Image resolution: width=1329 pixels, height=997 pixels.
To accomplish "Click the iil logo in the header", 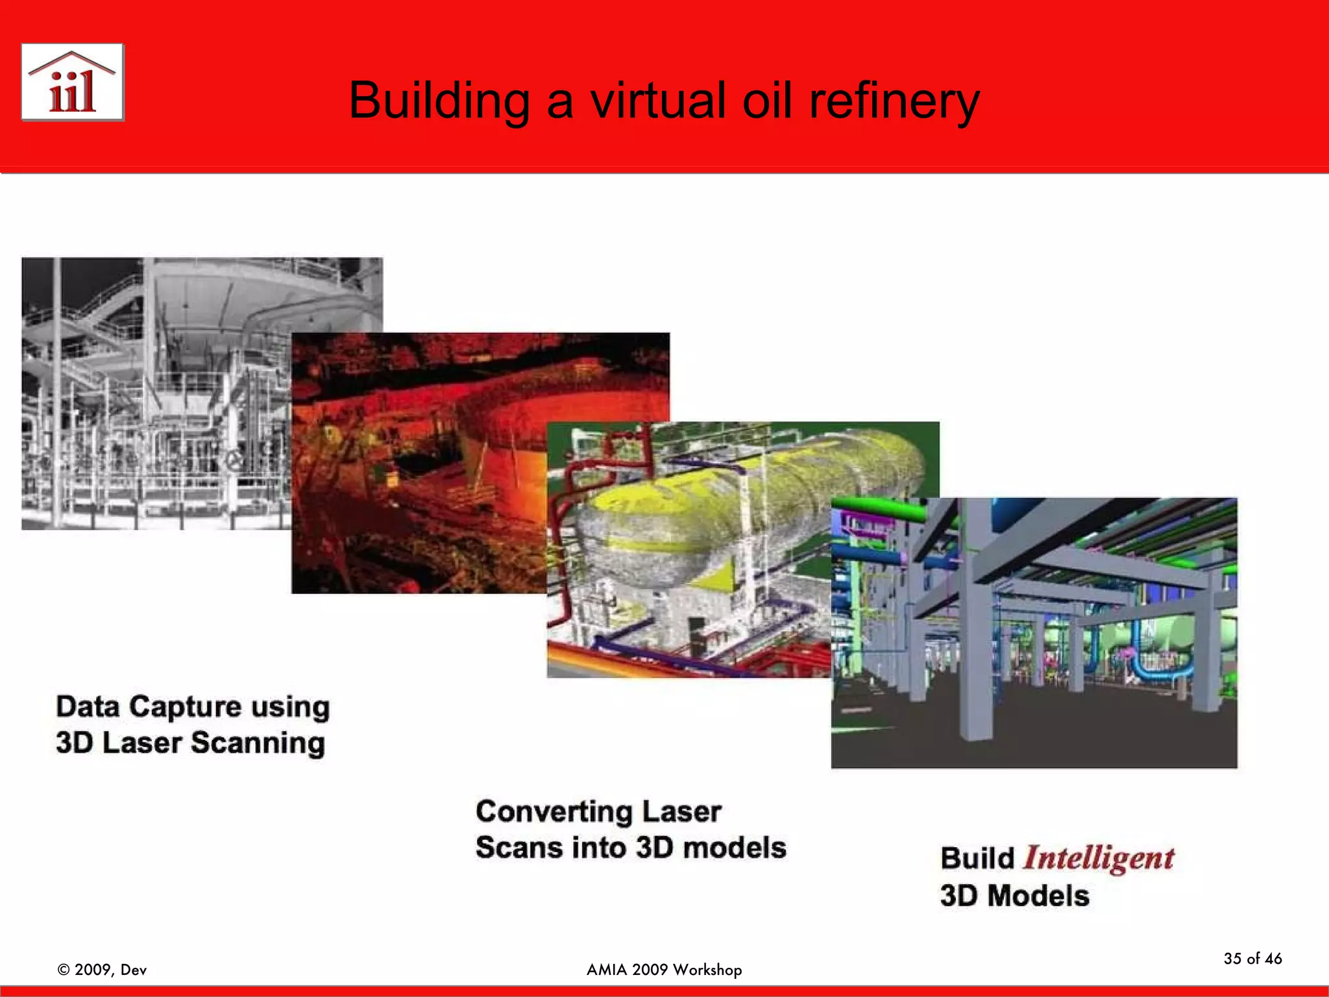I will coord(72,82).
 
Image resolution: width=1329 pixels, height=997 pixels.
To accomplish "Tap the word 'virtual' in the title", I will coord(657,101).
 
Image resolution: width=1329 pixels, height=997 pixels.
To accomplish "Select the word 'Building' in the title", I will coord(439,101).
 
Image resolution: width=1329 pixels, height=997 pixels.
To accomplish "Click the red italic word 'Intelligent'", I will coord(1098,857).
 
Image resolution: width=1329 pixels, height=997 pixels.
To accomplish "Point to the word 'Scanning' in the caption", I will coord(258,743).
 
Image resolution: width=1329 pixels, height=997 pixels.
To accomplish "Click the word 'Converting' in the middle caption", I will coord(554,811).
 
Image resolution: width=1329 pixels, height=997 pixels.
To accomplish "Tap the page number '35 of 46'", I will coord(1252,959).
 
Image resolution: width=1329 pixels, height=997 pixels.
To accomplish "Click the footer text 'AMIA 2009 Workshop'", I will coord(664,970).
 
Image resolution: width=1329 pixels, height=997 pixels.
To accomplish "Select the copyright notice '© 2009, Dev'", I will coord(103,970).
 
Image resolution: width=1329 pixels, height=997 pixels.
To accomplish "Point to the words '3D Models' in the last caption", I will coord(1014,896).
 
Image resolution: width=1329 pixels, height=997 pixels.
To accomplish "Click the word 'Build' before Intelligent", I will coord(977,858).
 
